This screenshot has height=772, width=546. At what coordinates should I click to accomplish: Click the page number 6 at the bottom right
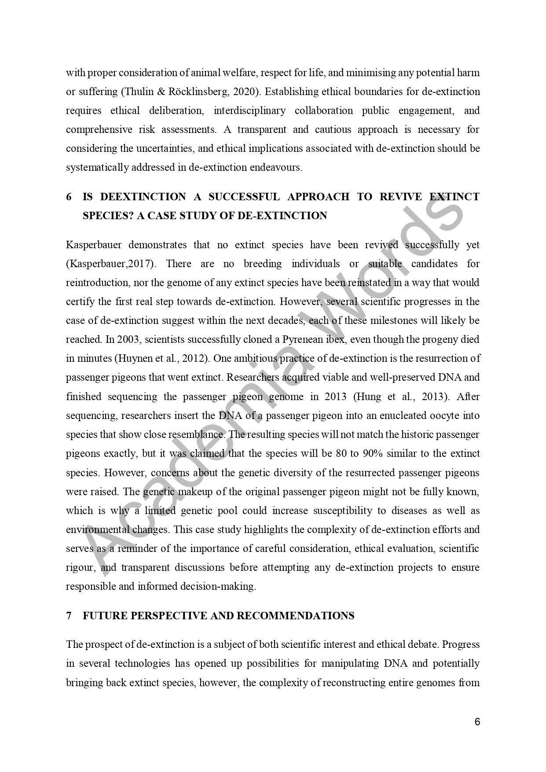pyautogui.click(x=477, y=722)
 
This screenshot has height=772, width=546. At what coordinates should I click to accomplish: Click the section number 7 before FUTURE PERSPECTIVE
pyautogui.click(x=69, y=616)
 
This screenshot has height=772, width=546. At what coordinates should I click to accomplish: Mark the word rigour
pyautogui.click(x=80, y=568)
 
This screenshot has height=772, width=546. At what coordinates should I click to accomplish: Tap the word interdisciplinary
pyautogui.click(x=249, y=111)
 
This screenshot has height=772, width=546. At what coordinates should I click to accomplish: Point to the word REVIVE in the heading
pyautogui.click(x=400, y=197)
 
